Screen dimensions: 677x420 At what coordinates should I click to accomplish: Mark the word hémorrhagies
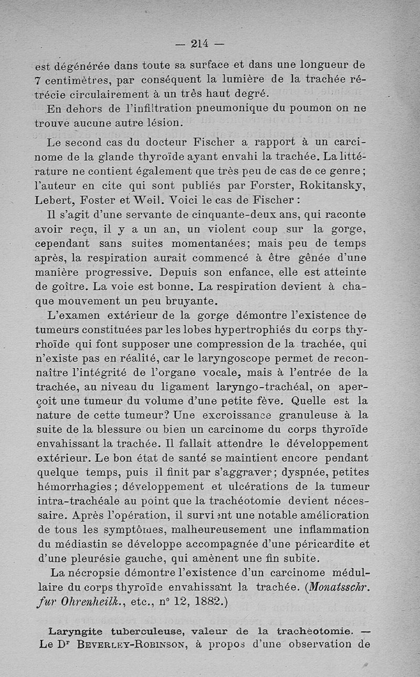click(x=74, y=487)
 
